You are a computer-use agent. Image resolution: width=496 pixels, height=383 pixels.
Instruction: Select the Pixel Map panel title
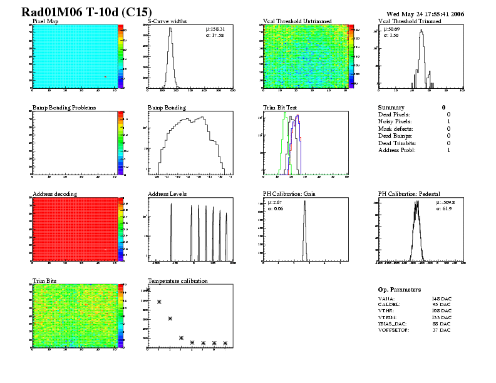click(x=45, y=21)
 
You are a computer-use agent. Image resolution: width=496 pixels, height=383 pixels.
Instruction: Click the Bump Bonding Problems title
click(x=64, y=108)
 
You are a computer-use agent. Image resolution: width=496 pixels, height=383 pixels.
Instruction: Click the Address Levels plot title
click(x=167, y=194)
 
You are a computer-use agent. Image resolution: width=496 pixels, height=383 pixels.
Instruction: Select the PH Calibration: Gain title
click(x=289, y=194)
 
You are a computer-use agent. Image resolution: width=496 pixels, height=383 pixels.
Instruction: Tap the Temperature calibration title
click(x=177, y=280)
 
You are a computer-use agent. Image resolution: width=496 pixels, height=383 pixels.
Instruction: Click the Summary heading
click(x=391, y=108)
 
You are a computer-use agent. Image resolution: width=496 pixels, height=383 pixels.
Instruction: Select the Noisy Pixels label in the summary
click(x=394, y=121)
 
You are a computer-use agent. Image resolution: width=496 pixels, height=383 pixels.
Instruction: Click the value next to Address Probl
click(x=448, y=150)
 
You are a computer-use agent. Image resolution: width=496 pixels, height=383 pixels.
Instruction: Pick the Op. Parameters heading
click(x=400, y=290)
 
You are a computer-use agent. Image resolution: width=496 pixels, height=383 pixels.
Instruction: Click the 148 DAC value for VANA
click(x=441, y=299)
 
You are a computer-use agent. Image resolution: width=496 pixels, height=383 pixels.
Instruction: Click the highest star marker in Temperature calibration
click(x=148, y=289)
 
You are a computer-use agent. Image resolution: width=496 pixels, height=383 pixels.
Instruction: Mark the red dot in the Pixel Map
click(x=105, y=76)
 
